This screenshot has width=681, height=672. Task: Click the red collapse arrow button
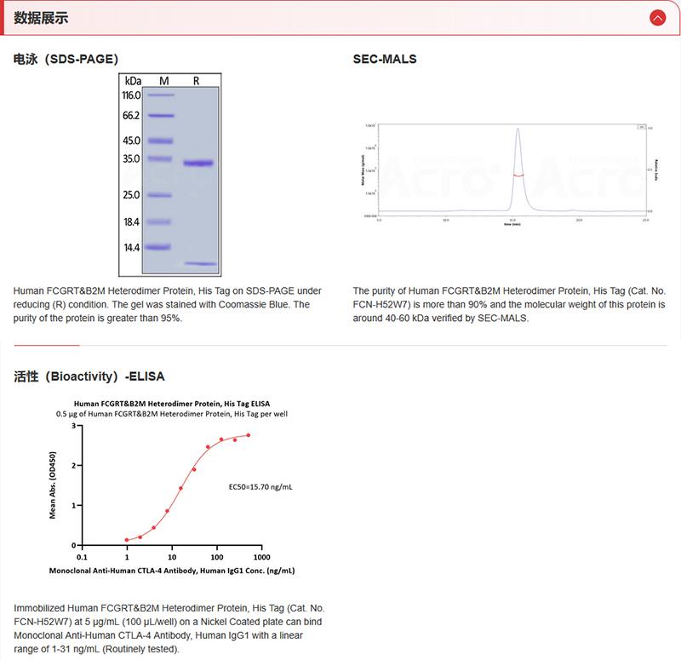click(x=656, y=17)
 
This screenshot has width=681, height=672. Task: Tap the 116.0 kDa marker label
click(x=130, y=95)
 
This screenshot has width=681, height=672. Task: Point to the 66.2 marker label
click(x=130, y=115)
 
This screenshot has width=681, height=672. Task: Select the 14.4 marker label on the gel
click(x=130, y=247)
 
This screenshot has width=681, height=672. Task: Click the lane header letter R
click(x=197, y=80)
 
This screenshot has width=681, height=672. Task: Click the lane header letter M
click(x=164, y=80)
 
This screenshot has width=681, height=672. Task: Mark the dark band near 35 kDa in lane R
click(x=201, y=163)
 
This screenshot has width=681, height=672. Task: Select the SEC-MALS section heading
click(x=384, y=60)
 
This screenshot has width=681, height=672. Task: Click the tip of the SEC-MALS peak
click(x=517, y=129)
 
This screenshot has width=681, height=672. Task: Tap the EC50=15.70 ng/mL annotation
click(x=260, y=488)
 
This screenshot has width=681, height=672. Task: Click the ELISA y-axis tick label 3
click(x=74, y=425)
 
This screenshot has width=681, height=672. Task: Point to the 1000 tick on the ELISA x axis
click(x=262, y=556)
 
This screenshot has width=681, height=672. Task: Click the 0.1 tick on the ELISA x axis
click(x=81, y=556)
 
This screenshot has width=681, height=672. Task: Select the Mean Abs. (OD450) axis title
click(x=54, y=485)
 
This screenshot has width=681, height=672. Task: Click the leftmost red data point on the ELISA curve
click(x=127, y=540)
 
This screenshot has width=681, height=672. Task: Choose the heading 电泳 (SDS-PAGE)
click(x=66, y=60)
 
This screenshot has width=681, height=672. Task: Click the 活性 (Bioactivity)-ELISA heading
click(x=89, y=376)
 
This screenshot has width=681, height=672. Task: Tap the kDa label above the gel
click(x=133, y=80)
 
